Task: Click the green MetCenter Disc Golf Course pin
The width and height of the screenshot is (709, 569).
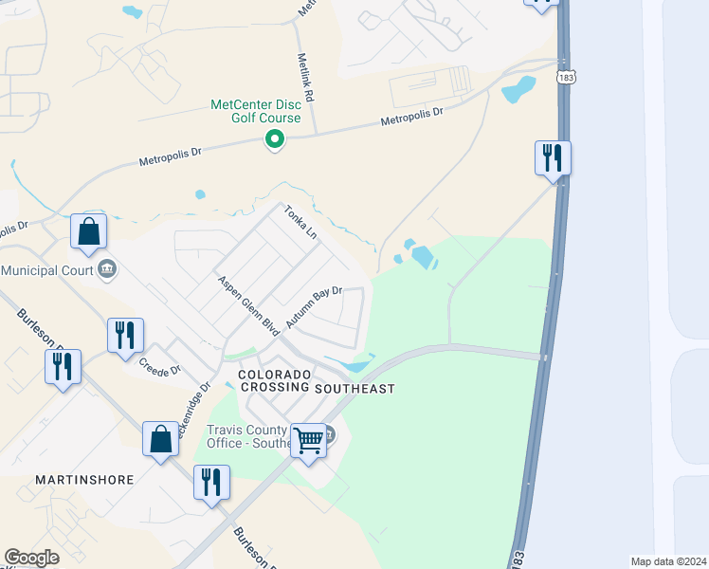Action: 275,140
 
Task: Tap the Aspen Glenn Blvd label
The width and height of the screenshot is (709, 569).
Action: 247,304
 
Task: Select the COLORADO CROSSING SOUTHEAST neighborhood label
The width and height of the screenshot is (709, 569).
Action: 316,382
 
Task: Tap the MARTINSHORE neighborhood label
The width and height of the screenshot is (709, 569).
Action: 84,480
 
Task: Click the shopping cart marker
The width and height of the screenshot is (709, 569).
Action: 308,439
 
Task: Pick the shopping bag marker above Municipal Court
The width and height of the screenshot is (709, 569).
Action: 88,231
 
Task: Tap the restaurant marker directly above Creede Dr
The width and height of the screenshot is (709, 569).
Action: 125,335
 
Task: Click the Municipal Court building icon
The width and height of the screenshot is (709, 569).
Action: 106,270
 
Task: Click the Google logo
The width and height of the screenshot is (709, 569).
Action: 31,558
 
